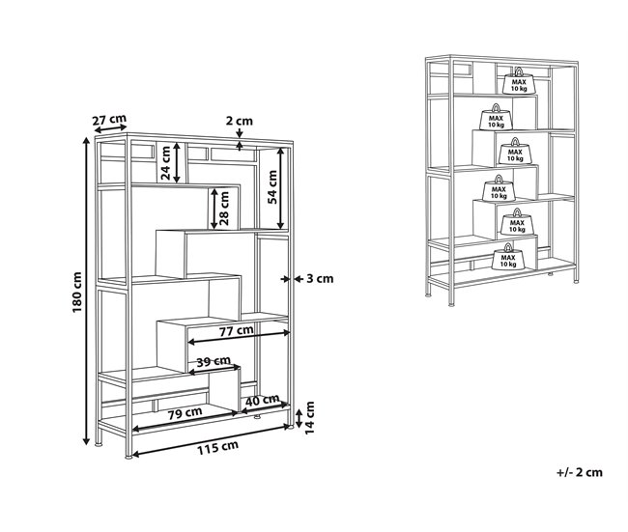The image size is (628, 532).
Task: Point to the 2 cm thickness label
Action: (239, 121)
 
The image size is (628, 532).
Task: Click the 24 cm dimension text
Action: (165, 161)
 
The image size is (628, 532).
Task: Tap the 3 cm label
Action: (319, 279)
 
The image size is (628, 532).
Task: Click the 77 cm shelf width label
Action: (236, 330)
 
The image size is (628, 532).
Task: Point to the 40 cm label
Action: (263, 400)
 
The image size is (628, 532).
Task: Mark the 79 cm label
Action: (186, 412)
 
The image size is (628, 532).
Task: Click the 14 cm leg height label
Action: (311, 416)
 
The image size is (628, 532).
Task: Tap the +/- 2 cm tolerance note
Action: (580, 472)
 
